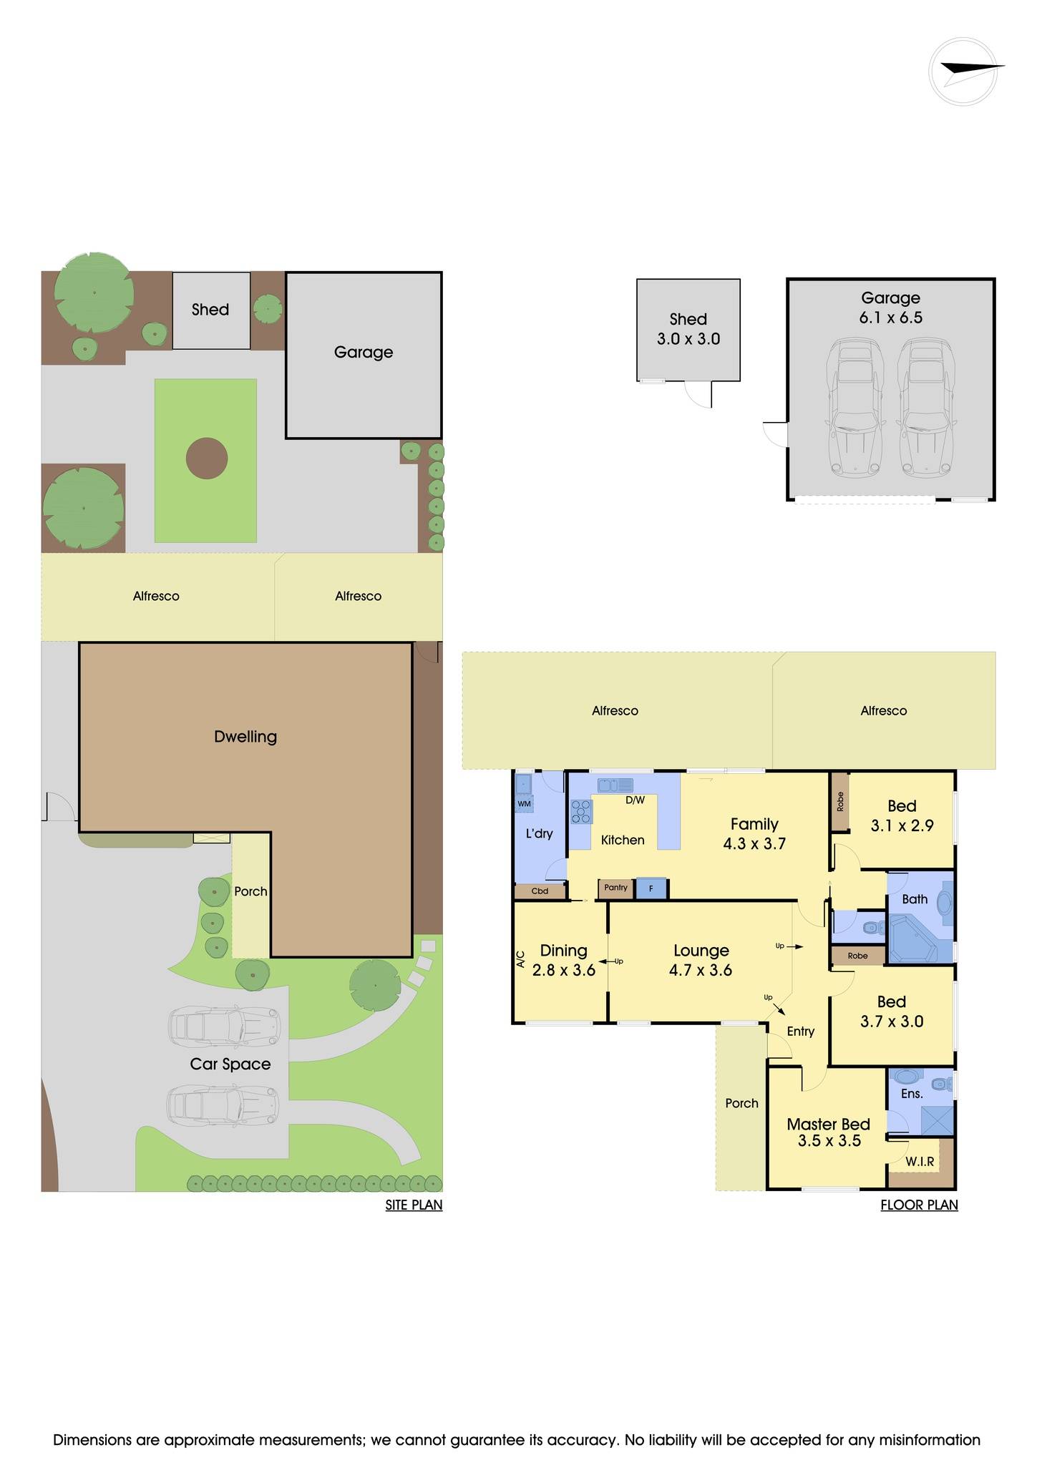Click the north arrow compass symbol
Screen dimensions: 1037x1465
[963, 72]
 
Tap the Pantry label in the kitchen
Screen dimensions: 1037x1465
[615, 888]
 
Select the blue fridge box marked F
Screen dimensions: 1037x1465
[651, 888]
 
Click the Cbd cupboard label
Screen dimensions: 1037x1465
[540, 891]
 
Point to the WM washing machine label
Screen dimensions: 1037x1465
[524, 804]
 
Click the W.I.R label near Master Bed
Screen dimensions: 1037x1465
[920, 1162]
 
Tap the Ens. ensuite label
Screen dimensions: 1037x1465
[912, 1094]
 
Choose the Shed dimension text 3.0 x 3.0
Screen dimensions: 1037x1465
[688, 339]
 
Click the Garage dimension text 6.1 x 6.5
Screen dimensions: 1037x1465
[891, 318]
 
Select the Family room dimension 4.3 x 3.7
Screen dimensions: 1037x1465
[754, 844]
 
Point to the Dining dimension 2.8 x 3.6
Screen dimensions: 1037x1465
[564, 971]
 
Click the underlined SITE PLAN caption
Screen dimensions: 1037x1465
[414, 1205]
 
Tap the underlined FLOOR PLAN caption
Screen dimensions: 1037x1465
[919, 1205]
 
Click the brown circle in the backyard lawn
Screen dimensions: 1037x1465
[207, 459]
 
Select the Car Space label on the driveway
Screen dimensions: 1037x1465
[230, 1064]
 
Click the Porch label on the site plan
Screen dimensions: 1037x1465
[250, 892]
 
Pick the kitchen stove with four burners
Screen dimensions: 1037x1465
[581, 812]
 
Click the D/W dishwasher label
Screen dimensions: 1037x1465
[636, 800]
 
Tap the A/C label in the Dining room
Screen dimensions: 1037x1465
[520, 959]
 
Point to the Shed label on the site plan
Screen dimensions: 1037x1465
[210, 310]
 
